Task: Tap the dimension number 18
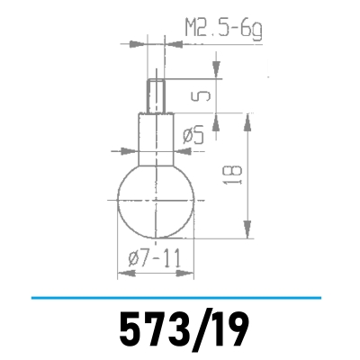pos(235,175)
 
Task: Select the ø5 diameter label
pos(194,135)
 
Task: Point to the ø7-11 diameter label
pos(156,258)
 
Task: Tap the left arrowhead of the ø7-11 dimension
pos(121,272)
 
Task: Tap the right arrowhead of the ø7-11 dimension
pos(191,272)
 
